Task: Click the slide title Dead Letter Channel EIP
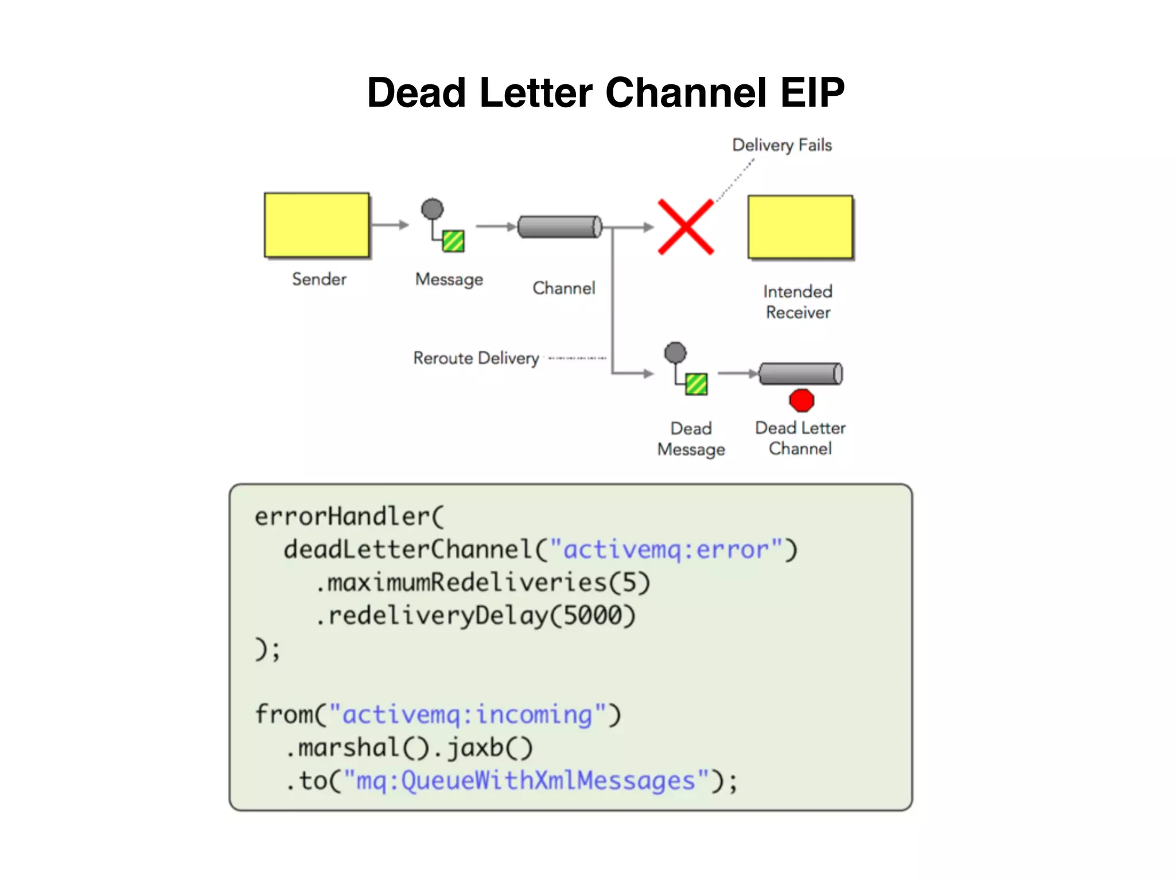pyautogui.click(x=605, y=93)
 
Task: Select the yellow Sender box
pyautogui.click(x=317, y=225)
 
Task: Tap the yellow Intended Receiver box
pyautogui.click(x=800, y=227)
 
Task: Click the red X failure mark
pyautogui.click(x=686, y=227)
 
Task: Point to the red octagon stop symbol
pyautogui.click(x=802, y=400)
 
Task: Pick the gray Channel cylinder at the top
pyautogui.click(x=559, y=227)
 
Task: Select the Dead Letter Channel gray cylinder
pyautogui.click(x=800, y=373)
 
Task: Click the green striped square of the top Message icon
pyautogui.click(x=453, y=241)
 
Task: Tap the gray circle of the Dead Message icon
pyautogui.click(x=675, y=353)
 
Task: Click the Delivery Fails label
pyautogui.click(x=781, y=145)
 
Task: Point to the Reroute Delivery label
pyautogui.click(x=476, y=358)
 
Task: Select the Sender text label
pyautogui.click(x=319, y=279)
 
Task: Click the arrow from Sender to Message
pyautogui.click(x=390, y=225)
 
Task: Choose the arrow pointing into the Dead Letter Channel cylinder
pyautogui.click(x=738, y=373)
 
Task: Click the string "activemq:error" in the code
pyautogui.click(x=666, y=549)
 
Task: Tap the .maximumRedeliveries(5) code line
pyautogui.click(x=482, y=583)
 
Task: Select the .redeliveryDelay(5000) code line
pyautogui.click(x=475, y=616)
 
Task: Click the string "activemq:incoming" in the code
pyautogui.click(x=468, y=715)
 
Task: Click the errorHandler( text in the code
pyautogui.click(x=349, y=516)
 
